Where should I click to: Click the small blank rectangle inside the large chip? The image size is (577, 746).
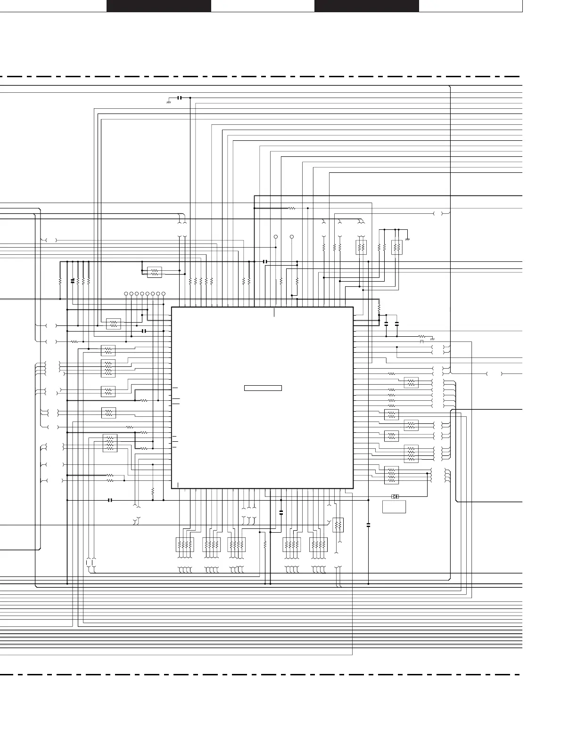(263, 388)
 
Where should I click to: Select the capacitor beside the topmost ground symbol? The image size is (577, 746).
(179, 97)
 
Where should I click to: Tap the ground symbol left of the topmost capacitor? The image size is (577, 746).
(169, 101)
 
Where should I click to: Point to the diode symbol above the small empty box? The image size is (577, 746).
(396, 496)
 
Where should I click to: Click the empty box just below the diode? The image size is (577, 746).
(394, 507)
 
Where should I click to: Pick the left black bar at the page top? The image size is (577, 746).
(158, 6)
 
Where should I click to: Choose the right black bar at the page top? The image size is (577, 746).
(366, 6)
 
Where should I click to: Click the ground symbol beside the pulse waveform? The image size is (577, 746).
(432, 338)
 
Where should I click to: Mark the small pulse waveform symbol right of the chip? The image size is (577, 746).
(422, 341)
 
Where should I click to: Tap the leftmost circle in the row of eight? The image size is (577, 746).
(126, 294)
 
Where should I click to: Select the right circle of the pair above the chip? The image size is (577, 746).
(292, 236)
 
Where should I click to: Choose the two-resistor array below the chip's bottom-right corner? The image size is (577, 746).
(338, 525)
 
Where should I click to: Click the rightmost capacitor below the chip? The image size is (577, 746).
(368, 524)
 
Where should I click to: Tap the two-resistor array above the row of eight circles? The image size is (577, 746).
(155, 272)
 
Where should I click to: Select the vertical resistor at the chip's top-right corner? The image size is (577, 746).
(379, 308)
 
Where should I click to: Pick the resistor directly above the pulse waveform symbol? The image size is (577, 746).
(422, 336)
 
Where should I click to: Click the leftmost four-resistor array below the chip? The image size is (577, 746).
(184, 544)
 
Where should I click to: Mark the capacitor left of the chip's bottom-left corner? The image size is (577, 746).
(110, 500)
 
